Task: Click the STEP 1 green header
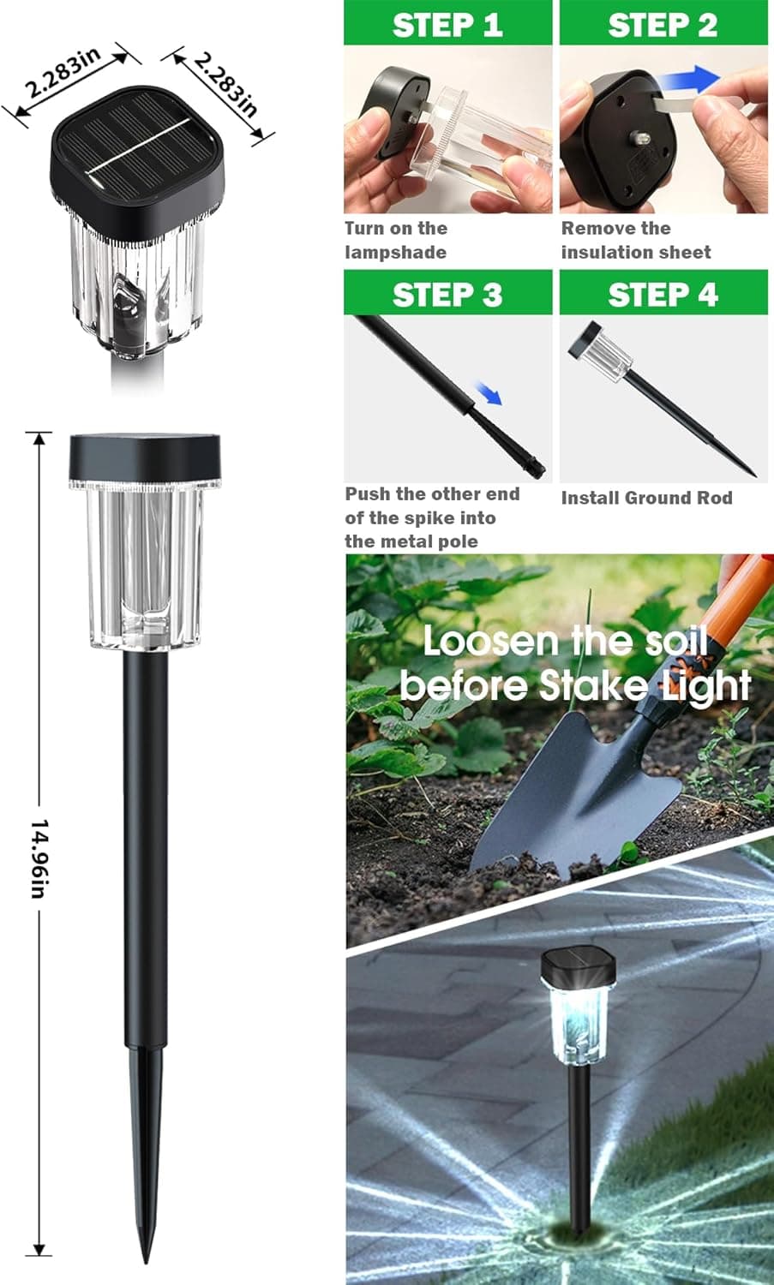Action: point(447,24)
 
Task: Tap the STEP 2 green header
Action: point(663,24)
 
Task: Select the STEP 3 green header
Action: point(447,294)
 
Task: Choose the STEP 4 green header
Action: point(663,294)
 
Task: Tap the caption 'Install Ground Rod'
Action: point(646,498)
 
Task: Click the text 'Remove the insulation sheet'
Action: point(635,240)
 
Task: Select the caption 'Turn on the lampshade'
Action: point(396,240)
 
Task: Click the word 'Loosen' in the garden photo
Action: point(490,642)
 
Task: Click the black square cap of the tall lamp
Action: point(144,456)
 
